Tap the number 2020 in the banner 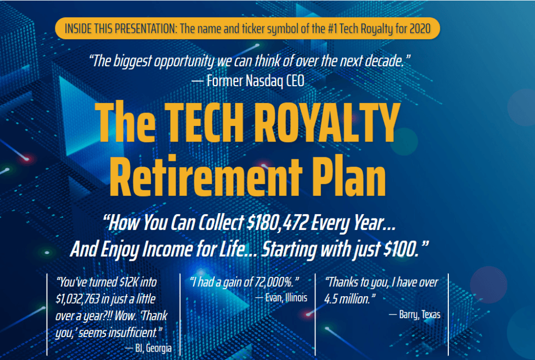(420, 29)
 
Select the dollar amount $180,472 (277, 223)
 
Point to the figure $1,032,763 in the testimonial (77, 299)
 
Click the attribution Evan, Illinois (286, 298)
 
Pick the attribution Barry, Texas (420, 315)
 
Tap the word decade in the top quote (384, 62)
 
